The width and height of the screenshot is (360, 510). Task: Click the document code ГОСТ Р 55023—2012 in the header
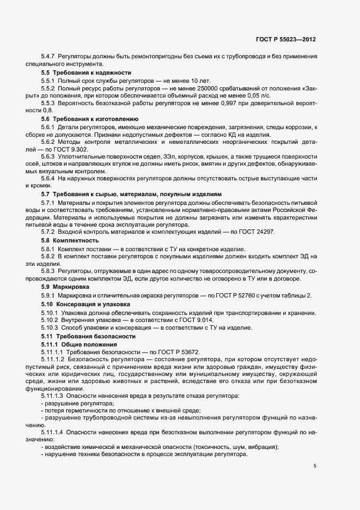[x=285, y=39]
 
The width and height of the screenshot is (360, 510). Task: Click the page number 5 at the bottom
[x=314, y=466]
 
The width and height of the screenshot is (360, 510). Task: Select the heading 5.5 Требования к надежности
[x=86, y=72]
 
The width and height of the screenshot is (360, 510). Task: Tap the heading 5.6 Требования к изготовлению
[x=90, y=119]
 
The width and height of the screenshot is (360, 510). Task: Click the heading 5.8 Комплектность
[x=70, y=240]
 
